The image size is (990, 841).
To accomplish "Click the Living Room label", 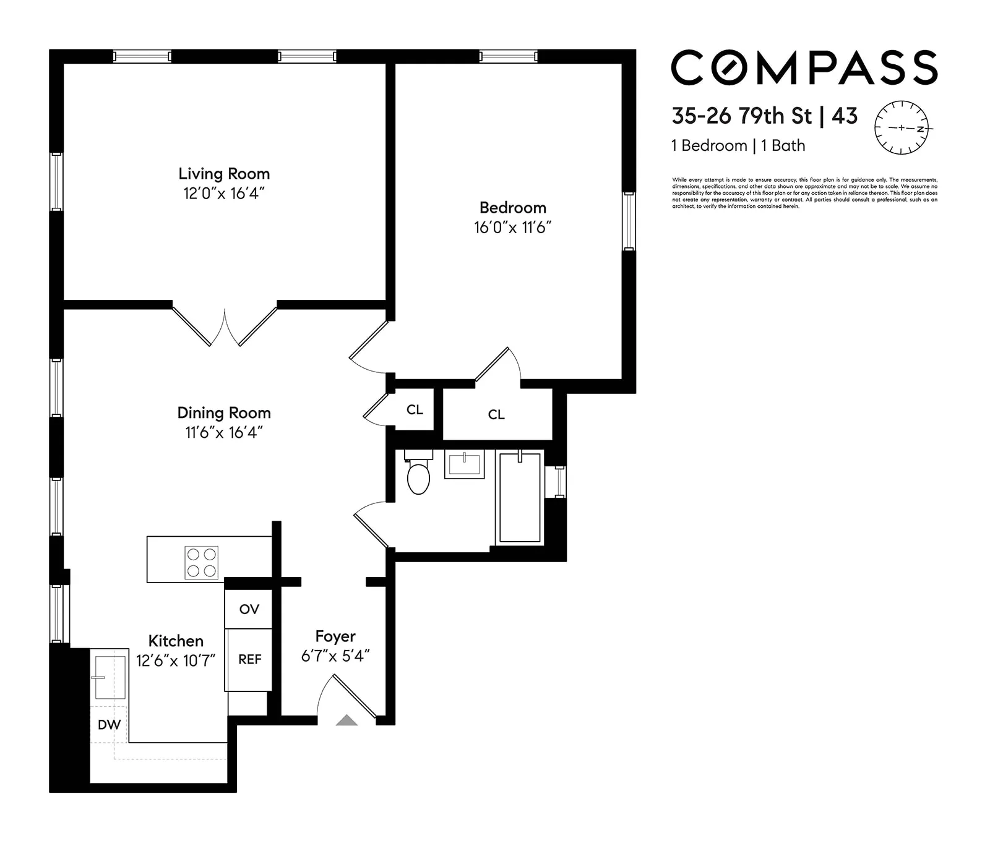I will (x=224, y=174).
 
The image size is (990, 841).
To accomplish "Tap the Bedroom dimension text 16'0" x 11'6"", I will (x=512, y=228).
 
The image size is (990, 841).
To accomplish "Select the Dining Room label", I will (x=224, y=412).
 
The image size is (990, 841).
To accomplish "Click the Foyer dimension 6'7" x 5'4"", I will (x=335, y=656).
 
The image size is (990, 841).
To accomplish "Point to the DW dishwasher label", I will (x=109, y=725).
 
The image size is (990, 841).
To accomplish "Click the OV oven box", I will (x=249, y=609).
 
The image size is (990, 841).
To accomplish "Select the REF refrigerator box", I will (x=249, y=660).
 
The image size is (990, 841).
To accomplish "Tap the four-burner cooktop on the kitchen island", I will (x=201, y=563).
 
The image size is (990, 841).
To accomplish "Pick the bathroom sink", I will (x=464, y=464).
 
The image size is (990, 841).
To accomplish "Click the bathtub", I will (x=520, y=498).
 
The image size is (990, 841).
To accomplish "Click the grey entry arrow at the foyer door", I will (x=347, y=720).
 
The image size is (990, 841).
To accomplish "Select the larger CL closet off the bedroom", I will (x=496, y=414).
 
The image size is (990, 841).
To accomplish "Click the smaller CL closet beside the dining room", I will (x=415, y=409).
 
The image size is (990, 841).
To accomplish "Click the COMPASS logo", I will (x=804, y=67).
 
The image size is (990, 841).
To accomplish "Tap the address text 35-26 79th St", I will (x=741, y=116).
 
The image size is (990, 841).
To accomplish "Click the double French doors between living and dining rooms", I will (x=225, y=325).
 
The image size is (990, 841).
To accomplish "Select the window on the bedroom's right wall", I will (x=629, y=221).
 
